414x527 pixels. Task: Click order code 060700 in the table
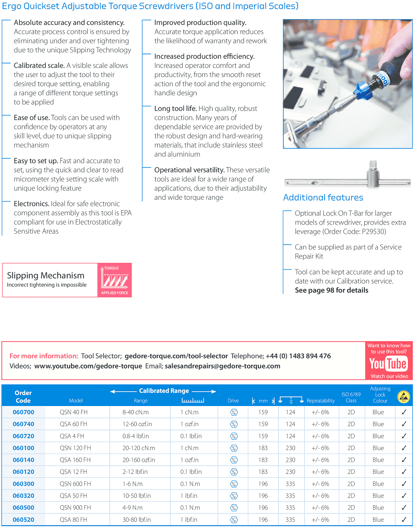point(23,412)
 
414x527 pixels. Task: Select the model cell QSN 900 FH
point(75,507)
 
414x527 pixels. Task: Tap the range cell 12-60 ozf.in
point(137,424)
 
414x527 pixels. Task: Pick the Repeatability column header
point(321,401)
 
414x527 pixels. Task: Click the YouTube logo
point(388,364)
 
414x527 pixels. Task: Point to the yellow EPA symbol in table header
point(404,397)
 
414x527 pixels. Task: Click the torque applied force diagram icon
point(115,280)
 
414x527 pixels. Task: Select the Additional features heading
point(323,198)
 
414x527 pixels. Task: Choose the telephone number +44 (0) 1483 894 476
point(298,356)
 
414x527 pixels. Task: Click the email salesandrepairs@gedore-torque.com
point(222,366)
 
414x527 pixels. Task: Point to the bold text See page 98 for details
point(331,290)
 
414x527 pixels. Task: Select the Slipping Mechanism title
point(46,275)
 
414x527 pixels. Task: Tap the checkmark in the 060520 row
point(404,520)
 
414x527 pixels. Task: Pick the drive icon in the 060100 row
point(234,448)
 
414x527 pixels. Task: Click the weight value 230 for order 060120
point(290,472)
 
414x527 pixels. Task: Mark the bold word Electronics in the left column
point(31,204)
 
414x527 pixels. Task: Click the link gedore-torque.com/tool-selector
point(176,356)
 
